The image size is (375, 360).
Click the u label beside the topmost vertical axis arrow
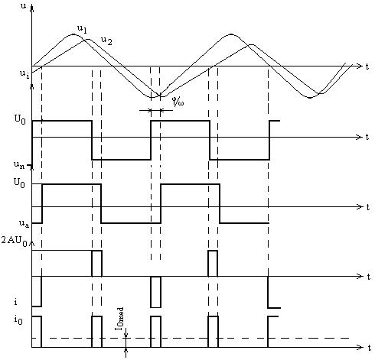tap(23, 6)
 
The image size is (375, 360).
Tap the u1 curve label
tap(82, 29)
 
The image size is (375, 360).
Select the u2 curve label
tap(106, 41)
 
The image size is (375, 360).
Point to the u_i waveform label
tap(24, 74)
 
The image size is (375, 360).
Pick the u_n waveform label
tap(19, 165)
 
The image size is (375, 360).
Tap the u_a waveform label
tap(24, 223)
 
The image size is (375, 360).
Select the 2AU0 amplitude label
tap(15, 241)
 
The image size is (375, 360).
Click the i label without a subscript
tap(16, 302)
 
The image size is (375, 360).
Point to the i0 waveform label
tap(18, 319)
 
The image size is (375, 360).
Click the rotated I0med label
tap(119, 319)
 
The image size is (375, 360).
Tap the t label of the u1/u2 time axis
tap(367, 66)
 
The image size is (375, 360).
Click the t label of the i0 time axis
tap(370, 347)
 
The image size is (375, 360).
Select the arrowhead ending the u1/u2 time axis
tap(360, 66)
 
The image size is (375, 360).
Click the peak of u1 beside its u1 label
tap(73, 34)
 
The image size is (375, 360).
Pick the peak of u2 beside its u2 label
tap(88, 39)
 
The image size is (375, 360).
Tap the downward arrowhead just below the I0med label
tap(126, 336)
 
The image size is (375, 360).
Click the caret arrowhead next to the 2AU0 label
tap(31, 244)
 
